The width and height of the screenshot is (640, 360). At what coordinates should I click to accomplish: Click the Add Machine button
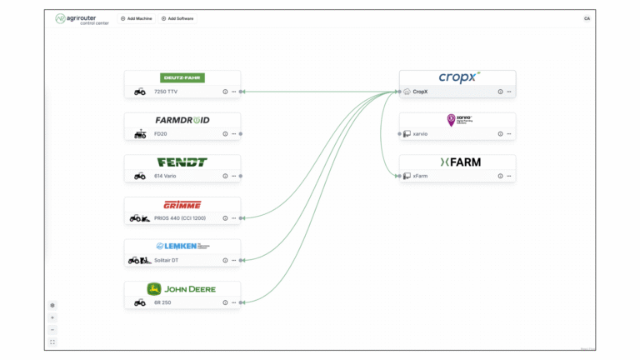136,18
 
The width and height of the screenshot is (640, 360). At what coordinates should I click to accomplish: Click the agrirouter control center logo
82,18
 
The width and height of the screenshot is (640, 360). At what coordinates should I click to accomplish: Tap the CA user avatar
587,18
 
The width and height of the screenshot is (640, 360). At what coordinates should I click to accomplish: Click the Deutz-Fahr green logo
182,77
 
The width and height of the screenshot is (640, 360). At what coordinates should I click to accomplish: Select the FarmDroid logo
182,120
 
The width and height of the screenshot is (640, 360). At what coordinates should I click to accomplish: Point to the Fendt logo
182,162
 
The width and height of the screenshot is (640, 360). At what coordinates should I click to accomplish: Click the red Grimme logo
182,204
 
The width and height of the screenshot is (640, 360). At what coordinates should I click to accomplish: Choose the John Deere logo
182,289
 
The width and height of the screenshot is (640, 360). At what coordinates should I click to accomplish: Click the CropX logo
459,77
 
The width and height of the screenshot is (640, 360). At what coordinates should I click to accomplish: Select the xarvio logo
459,120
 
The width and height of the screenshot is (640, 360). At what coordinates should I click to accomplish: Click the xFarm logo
459,162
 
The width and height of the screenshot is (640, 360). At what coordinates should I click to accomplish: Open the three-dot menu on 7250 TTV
233,92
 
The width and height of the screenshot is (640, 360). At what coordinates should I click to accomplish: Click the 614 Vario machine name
165,176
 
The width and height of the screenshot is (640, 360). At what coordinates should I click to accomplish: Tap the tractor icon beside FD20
140,134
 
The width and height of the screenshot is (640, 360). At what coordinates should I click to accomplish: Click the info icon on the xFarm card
500,176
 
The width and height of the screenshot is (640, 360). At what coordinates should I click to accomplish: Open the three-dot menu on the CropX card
508,92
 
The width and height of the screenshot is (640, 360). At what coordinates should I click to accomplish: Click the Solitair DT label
167,261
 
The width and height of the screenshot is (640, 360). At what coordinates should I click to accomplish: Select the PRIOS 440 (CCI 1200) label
180,218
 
